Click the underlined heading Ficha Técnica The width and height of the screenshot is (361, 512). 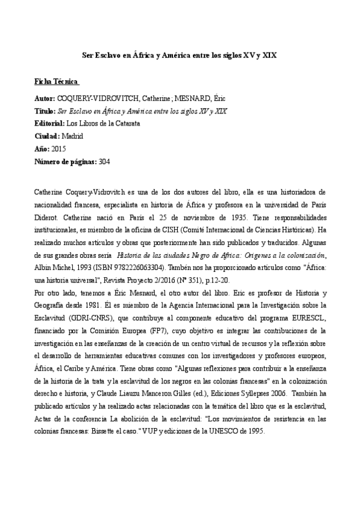coord(58,81)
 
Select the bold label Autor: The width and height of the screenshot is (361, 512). coord(46,97)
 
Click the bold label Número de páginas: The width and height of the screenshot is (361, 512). coord(66,162)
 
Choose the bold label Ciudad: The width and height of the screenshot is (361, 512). coord(48,136)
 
